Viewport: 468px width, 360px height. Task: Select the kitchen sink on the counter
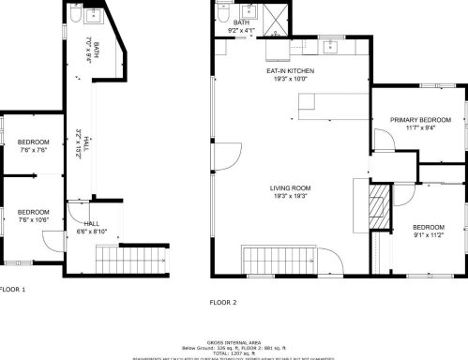[330, 46]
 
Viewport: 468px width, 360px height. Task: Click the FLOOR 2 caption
[223, 302]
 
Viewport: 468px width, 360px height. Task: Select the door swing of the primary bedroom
[383, 141]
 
